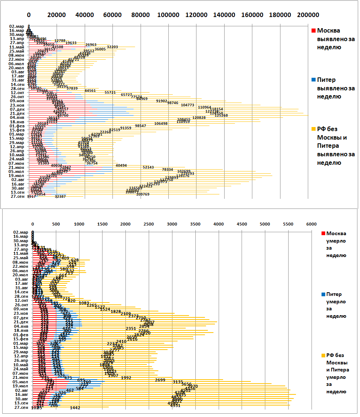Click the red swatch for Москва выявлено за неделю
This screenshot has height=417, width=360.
pyautogui.click(x=314, y=31)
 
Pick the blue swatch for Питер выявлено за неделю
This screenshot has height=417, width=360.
pyautogui.click(x=314, y=80)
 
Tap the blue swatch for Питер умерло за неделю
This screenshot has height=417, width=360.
pyautogui.click(x=323, y=294)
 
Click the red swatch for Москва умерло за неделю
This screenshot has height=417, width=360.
pyautogui.click(x=323, y=234)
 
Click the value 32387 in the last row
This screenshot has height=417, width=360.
pyautogui.click(x=60, y=197)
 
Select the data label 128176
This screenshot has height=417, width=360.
pyautogui.click(x=183, y=176)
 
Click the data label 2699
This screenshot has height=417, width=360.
pyautogui.click(x=160, y=380)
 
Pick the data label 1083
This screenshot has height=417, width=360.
pyautogui.click(x=84, y=303)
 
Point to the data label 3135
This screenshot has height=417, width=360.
pyautogui.click(x=178, y=382)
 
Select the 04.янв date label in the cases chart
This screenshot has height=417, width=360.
pyautogui.click(x=17, y=117)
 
